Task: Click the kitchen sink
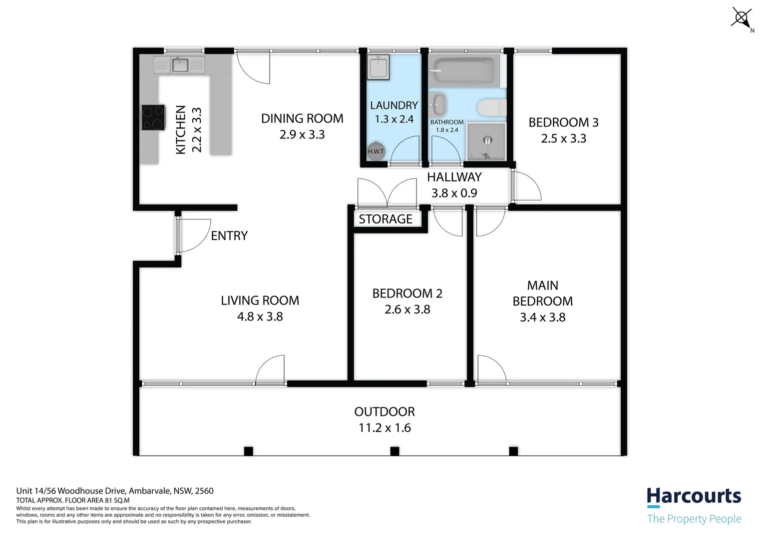tap(180, 64)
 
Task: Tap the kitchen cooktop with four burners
tap(153, 117)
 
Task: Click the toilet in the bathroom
tap(491, 107)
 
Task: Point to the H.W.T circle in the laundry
tap(376, 151)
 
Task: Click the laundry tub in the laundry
tap(379, 67)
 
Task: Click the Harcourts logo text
tap(694, 496)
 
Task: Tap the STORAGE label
tap(385, 219)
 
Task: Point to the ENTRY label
tap(229, 236)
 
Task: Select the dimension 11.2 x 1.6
tap(384, 428)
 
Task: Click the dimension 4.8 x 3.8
tap(260, 316)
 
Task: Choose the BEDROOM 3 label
tap(563, 122)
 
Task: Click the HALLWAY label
tap(454, 177)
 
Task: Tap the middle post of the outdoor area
tap(394, 451)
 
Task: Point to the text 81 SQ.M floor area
tap(117, 500)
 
